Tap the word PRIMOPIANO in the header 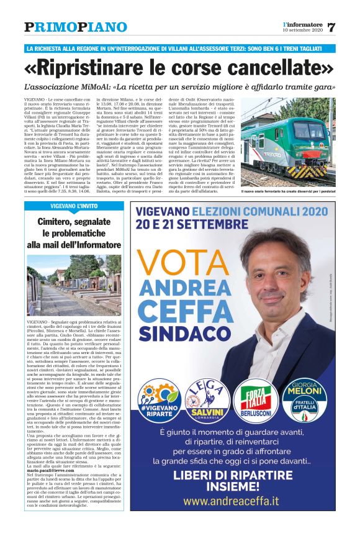(x=66, y=27)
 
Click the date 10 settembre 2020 (x=302, y=30)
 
